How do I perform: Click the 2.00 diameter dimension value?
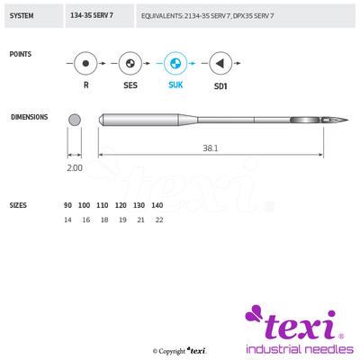[x=74, y=167]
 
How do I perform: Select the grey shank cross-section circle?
[x=75, y=119]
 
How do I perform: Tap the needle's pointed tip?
[x=346, y=121]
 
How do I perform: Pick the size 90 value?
[x=68, y=205]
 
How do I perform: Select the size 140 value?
[x=157, y=205]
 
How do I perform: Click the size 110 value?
[x=103, y=205]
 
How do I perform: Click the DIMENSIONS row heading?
[x=29, y=117]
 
